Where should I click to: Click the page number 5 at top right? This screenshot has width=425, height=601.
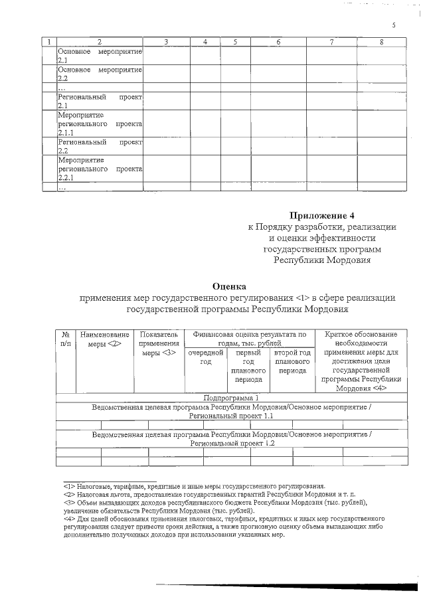(x=393, y=25)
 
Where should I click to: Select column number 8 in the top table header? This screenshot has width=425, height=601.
(x=381, y=43)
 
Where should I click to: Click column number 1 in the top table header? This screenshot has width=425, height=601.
(x=48, y=43)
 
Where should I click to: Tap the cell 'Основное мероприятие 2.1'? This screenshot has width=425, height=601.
(x=100, y=56)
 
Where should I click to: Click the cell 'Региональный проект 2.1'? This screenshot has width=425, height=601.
(x=100, y=101)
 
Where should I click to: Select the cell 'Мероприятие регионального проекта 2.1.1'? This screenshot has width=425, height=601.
(x=100, y=124)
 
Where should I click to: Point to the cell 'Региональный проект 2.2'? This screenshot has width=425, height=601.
(x=100, y=146)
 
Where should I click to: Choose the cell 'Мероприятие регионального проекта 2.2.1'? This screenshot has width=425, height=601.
(x=100, y=169)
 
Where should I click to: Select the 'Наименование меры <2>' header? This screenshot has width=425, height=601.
(x=104, y=339)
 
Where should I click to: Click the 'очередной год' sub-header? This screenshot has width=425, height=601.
(x=205, y=357)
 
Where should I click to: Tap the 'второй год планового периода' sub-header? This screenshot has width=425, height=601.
(x=292, y=362)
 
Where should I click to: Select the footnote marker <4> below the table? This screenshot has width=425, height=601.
(x=68, y=517)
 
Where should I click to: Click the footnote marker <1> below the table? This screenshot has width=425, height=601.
(x=68, y=486)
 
